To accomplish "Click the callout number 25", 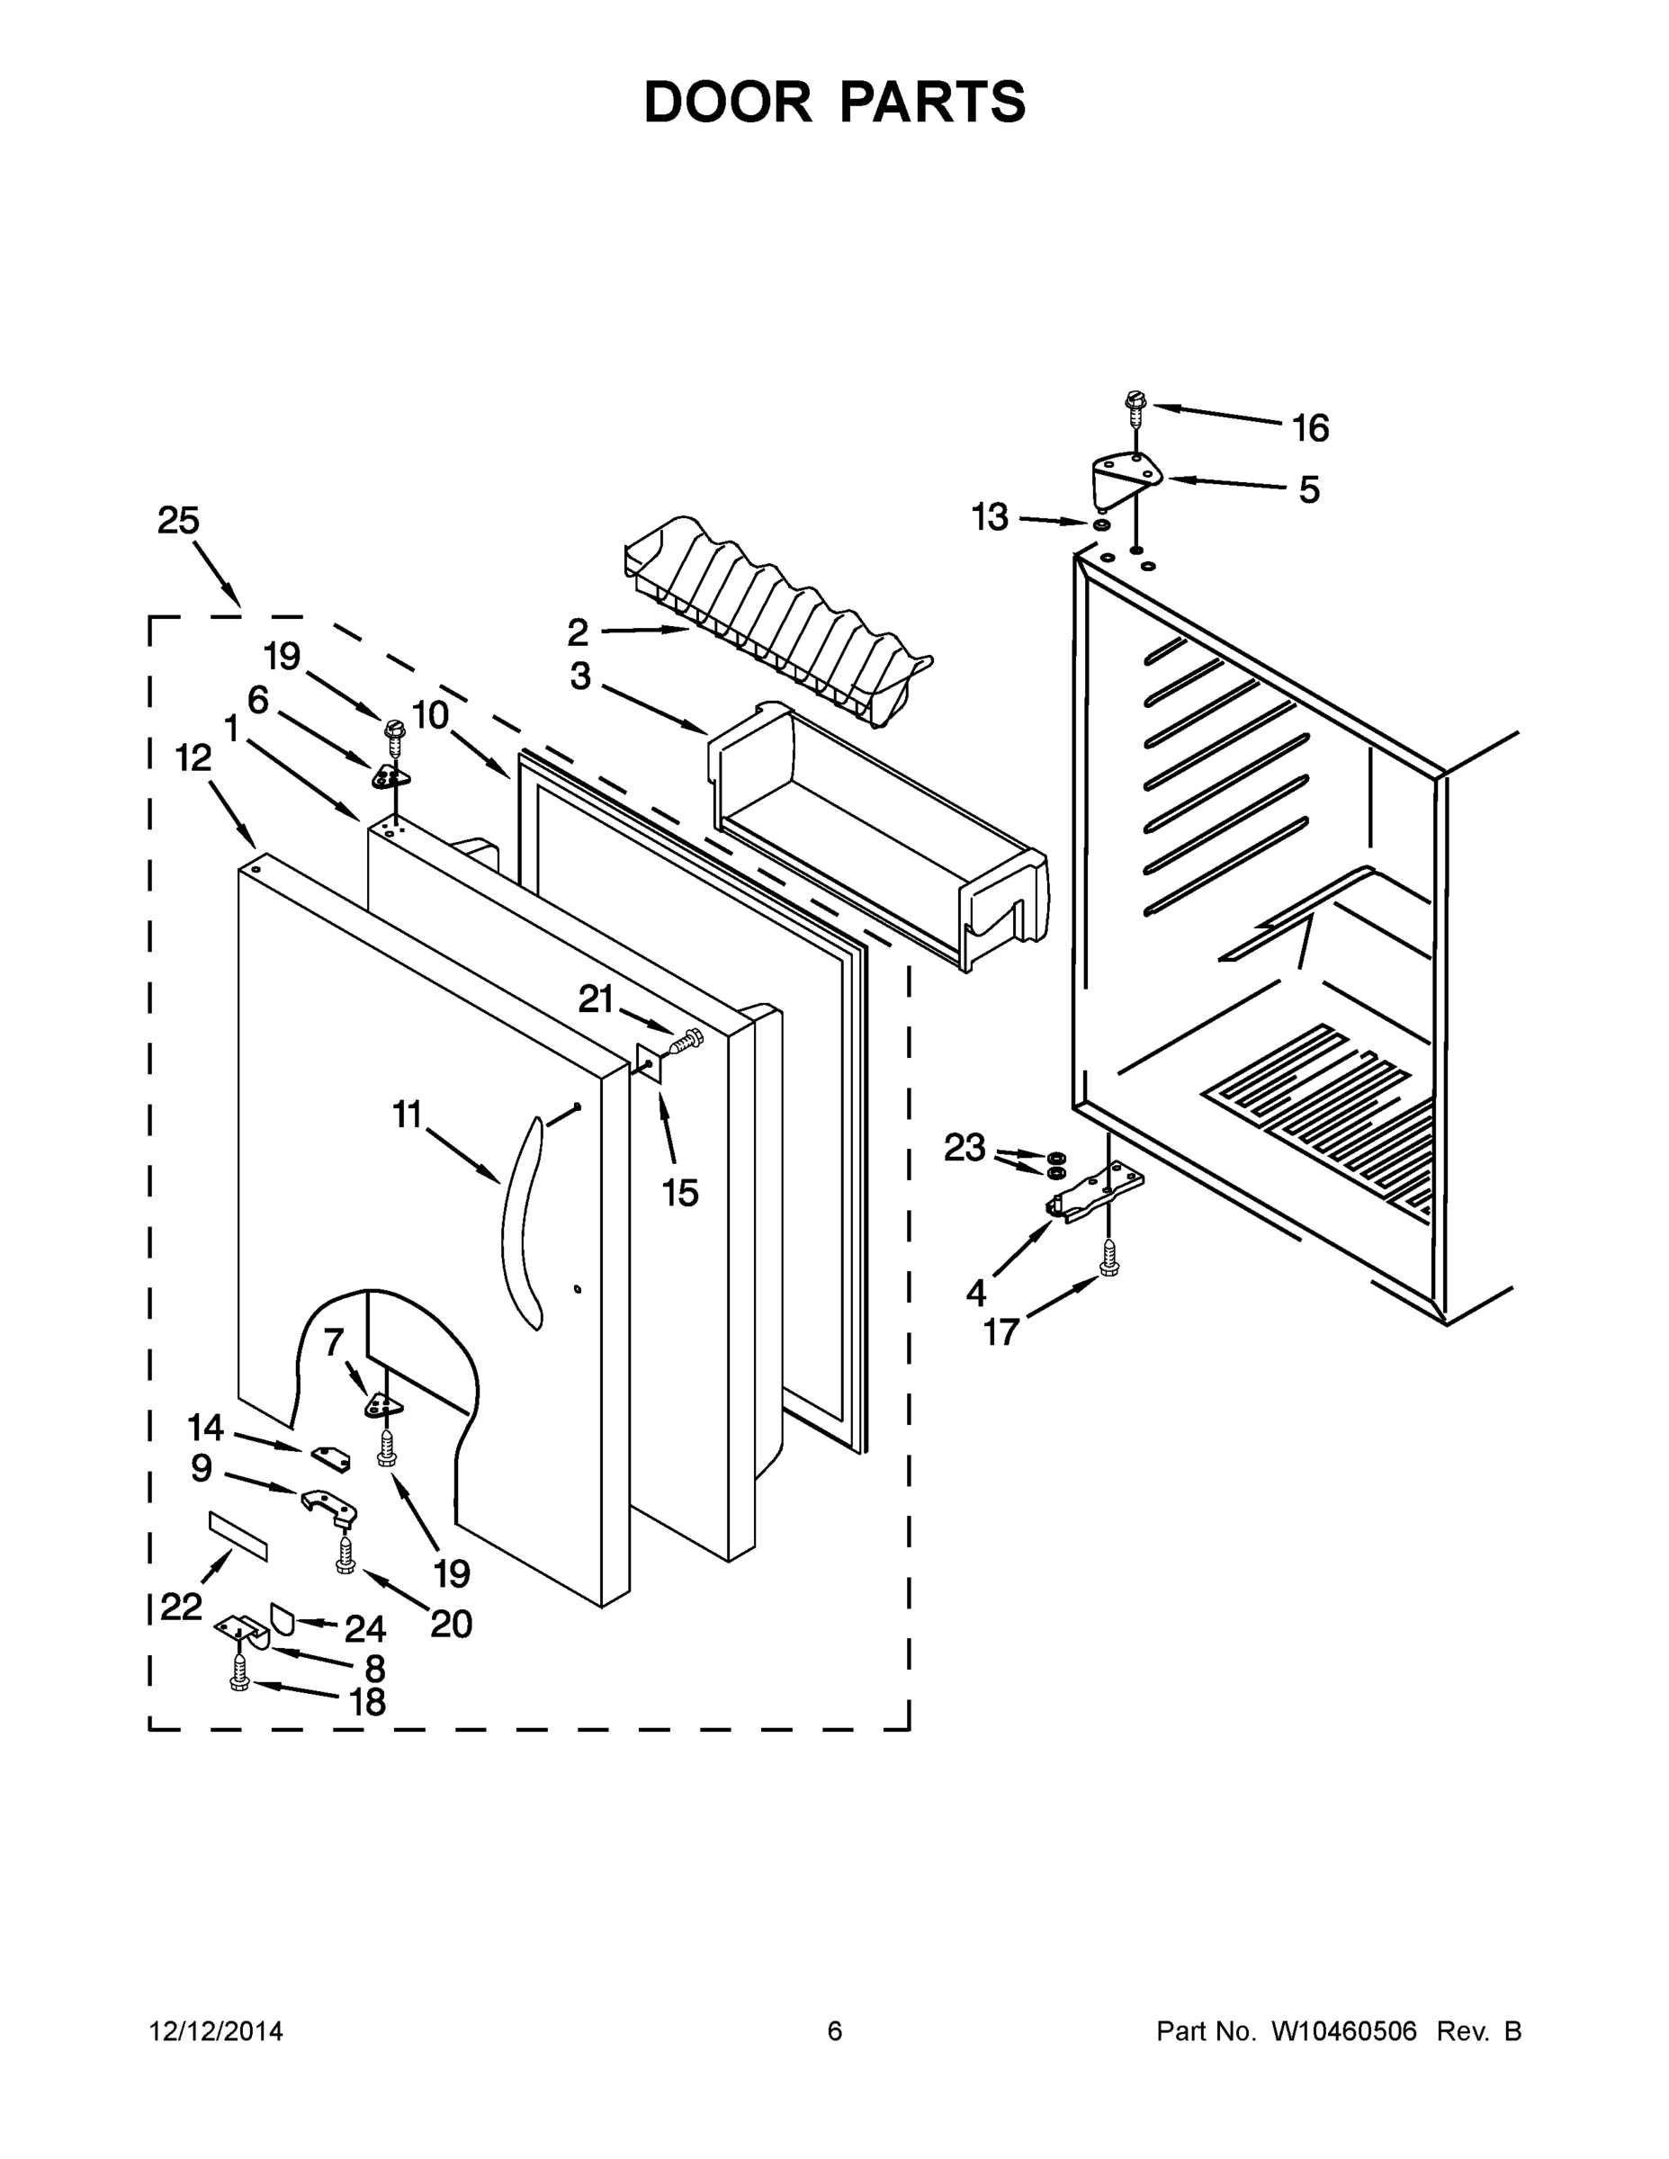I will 178,521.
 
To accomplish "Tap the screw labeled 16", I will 1135,407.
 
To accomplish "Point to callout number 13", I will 989,517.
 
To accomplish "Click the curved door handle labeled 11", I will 521,1222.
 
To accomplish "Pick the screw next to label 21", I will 688,1039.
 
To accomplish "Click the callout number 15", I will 680,1193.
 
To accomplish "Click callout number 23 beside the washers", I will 964,1148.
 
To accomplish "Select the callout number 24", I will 365,1628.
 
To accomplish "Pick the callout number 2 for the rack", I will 578,632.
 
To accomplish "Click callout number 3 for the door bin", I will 579,676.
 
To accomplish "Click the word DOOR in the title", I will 727,102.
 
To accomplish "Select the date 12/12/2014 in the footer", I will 216,2030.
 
